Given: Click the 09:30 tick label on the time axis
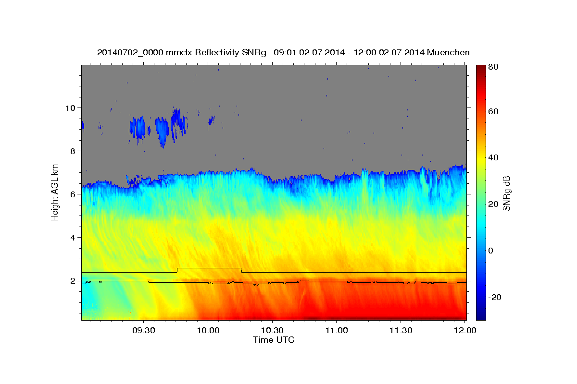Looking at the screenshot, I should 144,330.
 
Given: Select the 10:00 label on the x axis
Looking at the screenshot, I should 208,330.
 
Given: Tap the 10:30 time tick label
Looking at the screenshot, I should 272,330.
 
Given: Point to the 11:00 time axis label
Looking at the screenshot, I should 337,330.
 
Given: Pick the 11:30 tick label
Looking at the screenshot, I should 401,330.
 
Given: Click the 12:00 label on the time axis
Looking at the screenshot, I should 465,330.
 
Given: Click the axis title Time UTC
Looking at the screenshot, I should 274,340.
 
